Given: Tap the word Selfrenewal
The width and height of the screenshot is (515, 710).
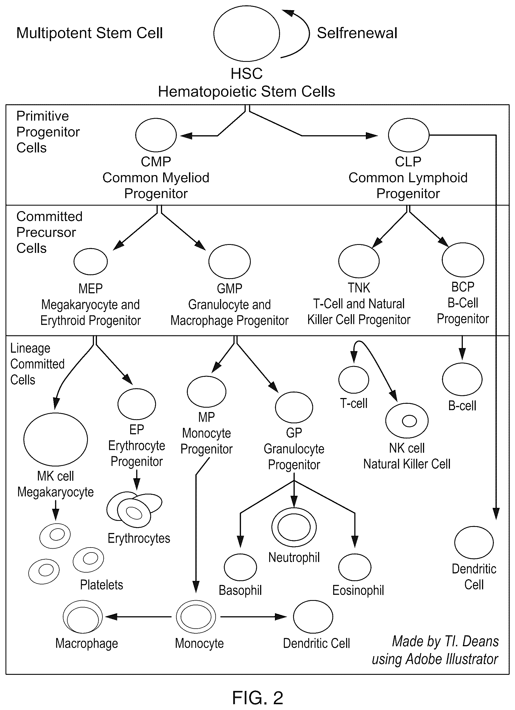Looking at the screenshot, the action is tap(357, 33).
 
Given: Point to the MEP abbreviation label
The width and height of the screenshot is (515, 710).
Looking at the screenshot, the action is tap(90, 288).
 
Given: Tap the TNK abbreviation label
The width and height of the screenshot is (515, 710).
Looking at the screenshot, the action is tap(359, 288).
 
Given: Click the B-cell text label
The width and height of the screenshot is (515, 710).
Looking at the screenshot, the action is tap(462, 406).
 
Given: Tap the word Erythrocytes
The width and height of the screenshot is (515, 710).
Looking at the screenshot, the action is tap(139, 538).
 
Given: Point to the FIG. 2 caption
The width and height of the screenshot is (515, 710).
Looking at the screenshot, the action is tap(258, 697).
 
